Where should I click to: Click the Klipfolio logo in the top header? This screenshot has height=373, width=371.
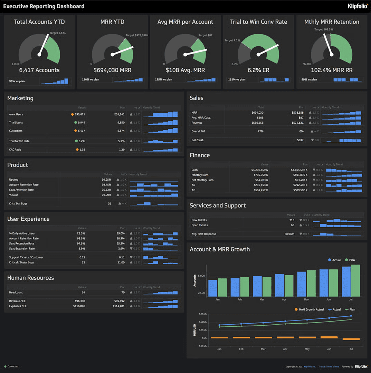click(358, 6)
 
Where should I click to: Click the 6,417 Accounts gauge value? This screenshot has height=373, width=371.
click(39, 70)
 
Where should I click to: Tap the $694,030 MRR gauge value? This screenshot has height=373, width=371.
click(112, 70)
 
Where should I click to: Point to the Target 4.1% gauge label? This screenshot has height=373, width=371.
click(232, 40)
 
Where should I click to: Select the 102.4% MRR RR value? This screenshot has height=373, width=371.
click(331, 70)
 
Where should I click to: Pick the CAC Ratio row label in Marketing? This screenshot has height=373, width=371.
click(15, 150)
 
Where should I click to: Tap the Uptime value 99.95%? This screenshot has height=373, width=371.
click(106, 180)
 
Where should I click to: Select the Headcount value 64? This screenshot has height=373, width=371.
click(83, 293)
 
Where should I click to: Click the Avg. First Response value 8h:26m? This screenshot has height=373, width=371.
click(289, 234)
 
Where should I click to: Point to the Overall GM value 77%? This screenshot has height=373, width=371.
click(260, 132)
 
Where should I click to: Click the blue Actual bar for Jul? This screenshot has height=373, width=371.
click(346, 281)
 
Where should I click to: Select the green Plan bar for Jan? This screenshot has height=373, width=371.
click(222, 287)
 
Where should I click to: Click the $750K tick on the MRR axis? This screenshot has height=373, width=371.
click(203, 314)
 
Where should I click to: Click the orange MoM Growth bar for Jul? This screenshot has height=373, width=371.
click(351, 339)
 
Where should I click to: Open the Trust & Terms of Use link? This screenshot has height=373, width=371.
click(329, 367)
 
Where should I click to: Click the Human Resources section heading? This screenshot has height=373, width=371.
click(30, 278)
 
